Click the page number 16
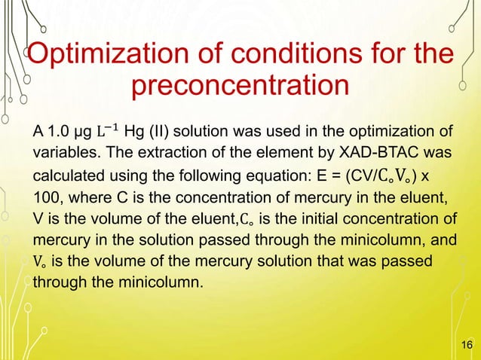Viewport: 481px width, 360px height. [465, 345]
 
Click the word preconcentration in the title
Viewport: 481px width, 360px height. [240, 87]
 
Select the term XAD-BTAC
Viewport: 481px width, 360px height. [375, 154]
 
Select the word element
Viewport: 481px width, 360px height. [285, 154]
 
